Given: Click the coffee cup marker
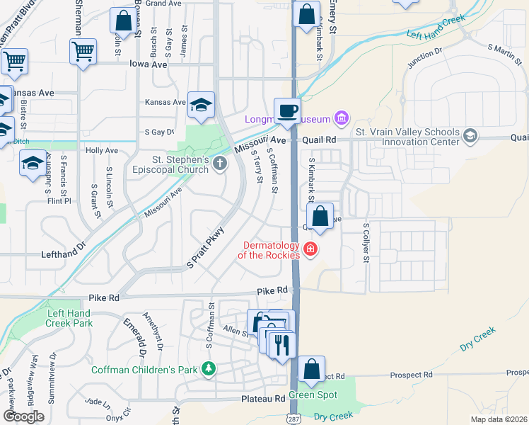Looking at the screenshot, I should coord(287,111).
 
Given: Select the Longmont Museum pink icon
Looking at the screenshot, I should coord(341,118).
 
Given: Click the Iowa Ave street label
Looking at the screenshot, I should coord(148,64).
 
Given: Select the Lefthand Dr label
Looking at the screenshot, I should coord(63,253).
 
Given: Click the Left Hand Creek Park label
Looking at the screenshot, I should coord(69,318).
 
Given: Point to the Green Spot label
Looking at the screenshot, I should coord(313,395).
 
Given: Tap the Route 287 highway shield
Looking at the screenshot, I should coord(294,418).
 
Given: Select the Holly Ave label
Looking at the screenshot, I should coord(102,151).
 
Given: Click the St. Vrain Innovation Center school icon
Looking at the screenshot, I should coord(470,135).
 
